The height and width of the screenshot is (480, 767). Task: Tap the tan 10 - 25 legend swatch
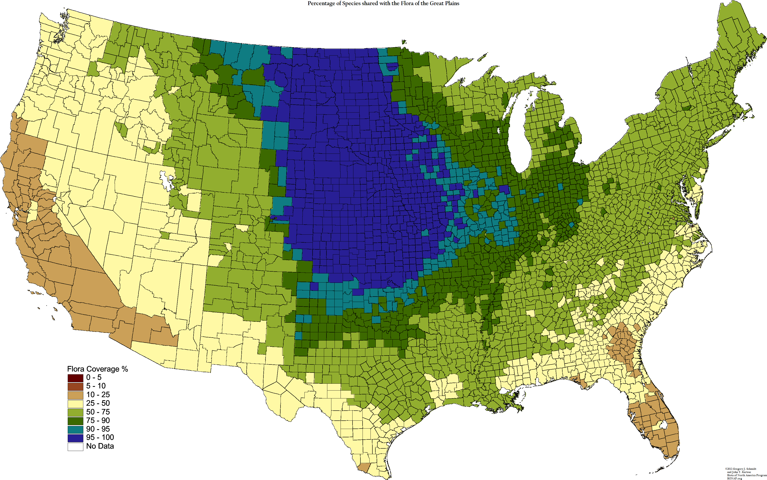pos(75,395)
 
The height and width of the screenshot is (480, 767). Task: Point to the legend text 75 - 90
pos(98,420)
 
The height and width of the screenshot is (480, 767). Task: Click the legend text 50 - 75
pos(98,412)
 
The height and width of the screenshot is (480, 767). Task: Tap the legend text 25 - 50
pos(98,403)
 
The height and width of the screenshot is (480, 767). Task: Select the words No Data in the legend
pos(100,446)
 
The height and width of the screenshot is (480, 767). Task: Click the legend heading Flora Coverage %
pos(97,369)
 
